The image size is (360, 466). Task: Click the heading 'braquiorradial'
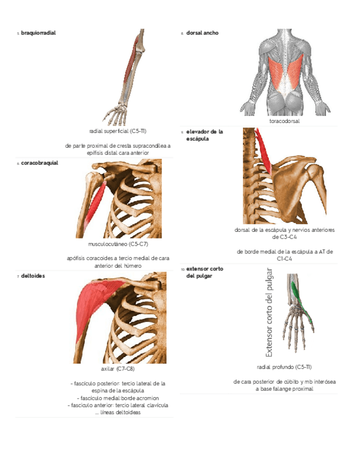click(38, 33)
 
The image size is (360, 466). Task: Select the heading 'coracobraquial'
click(40, 163)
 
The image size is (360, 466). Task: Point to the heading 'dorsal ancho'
click(202, 33)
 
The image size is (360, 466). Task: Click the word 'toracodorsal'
click(284, 121)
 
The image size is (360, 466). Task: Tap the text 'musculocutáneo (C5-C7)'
click(118, 244)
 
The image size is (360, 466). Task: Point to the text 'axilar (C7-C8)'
click(118, 369)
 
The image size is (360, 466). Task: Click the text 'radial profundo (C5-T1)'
click(284, 367)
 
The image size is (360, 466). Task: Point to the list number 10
click(182, 269)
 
